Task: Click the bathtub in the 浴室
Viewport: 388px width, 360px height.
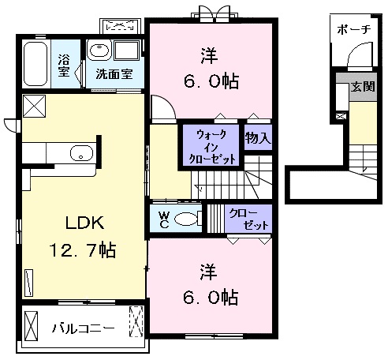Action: (35, 64)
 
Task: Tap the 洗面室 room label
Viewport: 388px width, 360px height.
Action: (114, 74)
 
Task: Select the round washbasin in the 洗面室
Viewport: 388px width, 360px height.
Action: (99, 50)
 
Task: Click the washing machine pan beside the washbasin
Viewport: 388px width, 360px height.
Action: (127, 50)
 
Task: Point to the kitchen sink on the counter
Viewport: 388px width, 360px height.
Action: (81, 153)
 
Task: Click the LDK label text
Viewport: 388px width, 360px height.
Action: (84, 223)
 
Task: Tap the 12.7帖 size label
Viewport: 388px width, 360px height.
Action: (83, 250)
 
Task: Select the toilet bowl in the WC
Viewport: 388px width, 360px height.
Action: (185, 219)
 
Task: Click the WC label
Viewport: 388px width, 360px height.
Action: (164, 219)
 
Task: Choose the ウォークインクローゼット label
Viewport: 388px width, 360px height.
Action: (211, 148)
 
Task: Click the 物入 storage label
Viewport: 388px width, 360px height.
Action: (258, 137)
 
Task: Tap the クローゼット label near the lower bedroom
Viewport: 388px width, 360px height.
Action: (248, 219)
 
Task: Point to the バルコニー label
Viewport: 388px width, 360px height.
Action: (83, 328)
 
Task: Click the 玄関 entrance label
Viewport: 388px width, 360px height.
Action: (363, 86)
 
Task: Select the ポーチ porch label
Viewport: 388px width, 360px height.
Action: (354, 29)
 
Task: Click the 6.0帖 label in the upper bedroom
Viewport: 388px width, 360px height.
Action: (211, 81)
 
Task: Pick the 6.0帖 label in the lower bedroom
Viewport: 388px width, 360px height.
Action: (211, 298)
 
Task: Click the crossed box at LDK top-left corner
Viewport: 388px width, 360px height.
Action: (35, 106)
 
